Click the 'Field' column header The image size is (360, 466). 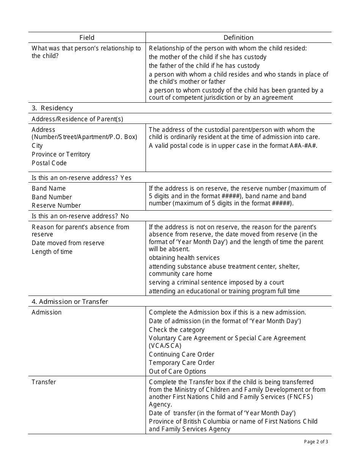(87, 38)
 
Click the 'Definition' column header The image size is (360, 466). (238, 38)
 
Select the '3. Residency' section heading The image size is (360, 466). (52, 108)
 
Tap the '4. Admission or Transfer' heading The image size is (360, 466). (70, 302)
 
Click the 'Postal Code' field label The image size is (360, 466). (49, 163)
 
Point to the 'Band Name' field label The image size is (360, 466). (49, 188)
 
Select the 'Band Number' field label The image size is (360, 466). (52, 197)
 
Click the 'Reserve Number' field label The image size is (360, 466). (56, 205)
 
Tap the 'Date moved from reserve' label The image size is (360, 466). (68, 243)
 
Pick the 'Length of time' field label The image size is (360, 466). (52, 252)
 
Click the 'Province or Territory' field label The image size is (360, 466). (61, 154)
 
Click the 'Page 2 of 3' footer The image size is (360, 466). (316, 441)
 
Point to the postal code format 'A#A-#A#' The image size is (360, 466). (303, 145)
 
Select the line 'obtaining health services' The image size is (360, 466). (184, 258)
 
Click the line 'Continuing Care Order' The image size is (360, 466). (182, 354)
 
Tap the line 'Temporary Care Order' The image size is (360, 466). (182, 363)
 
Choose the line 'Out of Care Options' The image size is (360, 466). (177, 371)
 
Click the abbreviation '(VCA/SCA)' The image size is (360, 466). (165, 346)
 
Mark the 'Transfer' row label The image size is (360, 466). (44, 382)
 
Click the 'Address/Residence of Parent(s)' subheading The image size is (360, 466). (77, 119)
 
